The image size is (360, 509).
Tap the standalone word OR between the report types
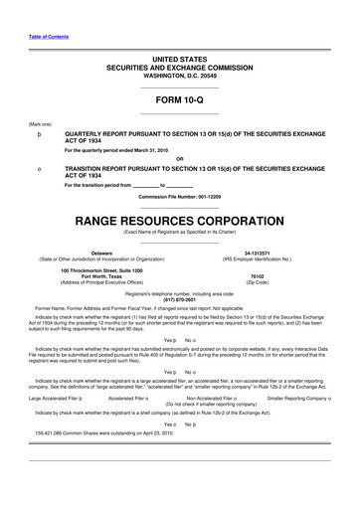[179, 159]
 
